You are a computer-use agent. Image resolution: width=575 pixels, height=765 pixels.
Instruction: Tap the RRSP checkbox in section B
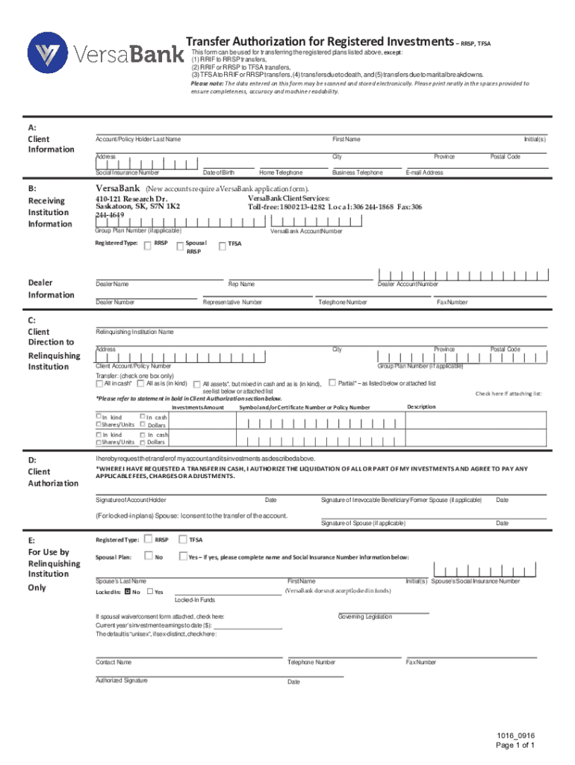[x=148, y=244]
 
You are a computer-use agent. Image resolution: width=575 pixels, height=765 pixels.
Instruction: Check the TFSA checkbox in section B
[x=222, y=244]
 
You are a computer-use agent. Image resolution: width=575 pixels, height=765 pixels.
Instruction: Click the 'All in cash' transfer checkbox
[x=99, y=384]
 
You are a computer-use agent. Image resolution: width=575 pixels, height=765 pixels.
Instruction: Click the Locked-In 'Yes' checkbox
[x=149, y=592]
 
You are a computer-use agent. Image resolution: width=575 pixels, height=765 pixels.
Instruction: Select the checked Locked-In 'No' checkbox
[x=127, y=592]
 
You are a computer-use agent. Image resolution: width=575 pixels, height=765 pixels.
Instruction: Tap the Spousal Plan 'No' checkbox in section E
[x=148, y=556]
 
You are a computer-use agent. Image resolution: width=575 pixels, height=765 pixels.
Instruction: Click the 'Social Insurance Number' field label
[x=127, y=173]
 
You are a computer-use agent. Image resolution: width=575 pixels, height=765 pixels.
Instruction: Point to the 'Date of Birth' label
[x=218, y=173]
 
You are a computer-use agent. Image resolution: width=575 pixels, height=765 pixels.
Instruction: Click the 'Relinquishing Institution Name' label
[x=134, y=331]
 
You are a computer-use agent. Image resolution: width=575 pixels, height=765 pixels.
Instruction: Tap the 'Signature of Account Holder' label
[x=131, y=500]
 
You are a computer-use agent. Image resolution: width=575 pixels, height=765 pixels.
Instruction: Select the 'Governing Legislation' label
[x=365, y=616]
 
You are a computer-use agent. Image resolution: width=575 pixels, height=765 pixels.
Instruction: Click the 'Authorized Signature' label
[x=121, y=680]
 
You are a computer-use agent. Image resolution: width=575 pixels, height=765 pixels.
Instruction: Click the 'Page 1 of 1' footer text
[x=516, y=745]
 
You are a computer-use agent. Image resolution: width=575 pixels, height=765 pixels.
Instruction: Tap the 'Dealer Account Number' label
[x=408, y=284]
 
